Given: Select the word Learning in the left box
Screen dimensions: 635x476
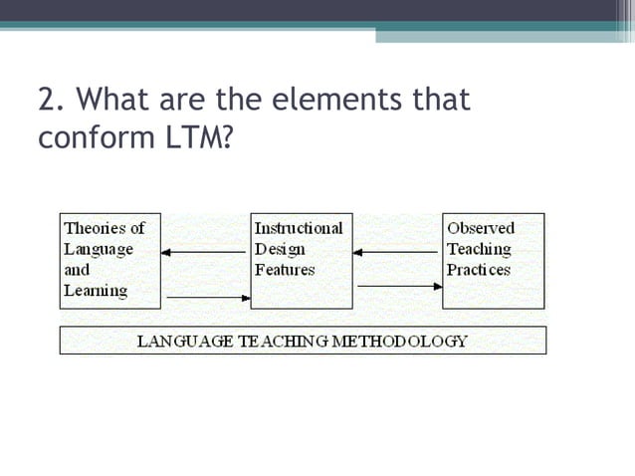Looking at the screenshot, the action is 96,291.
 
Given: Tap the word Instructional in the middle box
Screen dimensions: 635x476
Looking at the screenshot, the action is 299,228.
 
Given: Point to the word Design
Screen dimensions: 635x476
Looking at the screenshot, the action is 280,249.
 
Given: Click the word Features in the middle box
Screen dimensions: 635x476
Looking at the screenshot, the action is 285,270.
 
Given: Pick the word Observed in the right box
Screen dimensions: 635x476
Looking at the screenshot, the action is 481,228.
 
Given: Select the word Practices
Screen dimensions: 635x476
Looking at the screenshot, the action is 479,270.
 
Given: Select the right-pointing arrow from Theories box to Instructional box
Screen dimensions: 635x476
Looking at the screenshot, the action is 207,296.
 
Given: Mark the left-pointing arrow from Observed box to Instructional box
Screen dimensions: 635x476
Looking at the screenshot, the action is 395,252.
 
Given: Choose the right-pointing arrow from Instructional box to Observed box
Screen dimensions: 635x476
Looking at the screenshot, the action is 399,287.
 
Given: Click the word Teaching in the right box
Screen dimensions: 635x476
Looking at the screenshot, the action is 479,249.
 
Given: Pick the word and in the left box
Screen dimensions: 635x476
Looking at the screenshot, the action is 77,270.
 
